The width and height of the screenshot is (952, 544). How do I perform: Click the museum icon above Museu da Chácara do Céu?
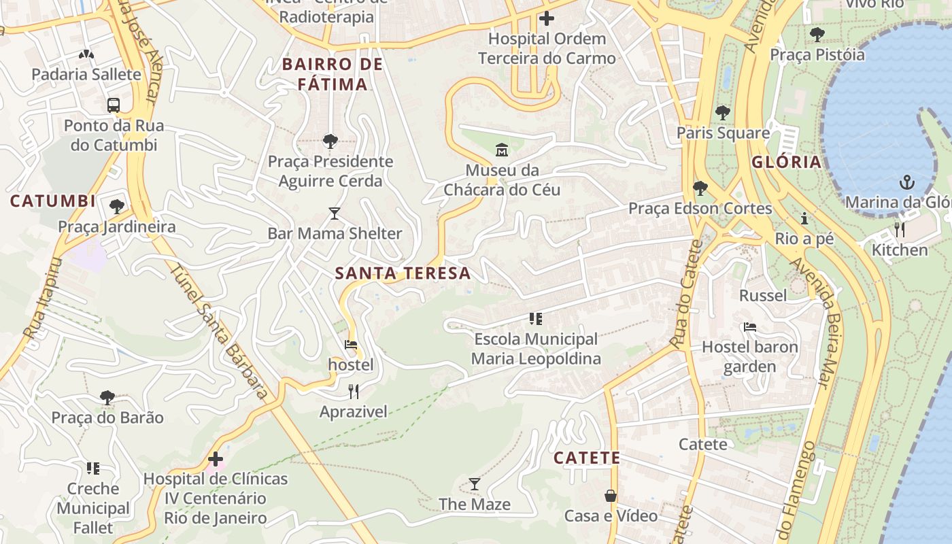click(502, 150)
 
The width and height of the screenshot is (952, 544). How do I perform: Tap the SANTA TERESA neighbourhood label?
click(403, 273)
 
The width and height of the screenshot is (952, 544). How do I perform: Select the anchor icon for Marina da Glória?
click(906, 182)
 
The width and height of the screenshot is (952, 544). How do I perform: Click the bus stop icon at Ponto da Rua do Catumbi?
click(114, 105)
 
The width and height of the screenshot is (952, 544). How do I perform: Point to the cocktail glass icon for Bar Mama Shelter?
click(334, 214)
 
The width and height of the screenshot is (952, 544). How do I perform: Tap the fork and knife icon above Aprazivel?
click(354, 391)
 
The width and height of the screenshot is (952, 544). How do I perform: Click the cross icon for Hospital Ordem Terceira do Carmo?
click(546, 18)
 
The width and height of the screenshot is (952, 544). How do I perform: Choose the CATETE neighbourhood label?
click(587, 458)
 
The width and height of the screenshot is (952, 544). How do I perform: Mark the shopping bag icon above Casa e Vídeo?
click(611, 496)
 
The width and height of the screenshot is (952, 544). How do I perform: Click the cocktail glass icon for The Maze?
click(475, 484)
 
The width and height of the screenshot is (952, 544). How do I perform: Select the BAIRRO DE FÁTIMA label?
click(333, 74)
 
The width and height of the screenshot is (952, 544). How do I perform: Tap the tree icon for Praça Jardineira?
click(116, 206)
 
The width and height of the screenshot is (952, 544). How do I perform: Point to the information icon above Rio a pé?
click(805, 218)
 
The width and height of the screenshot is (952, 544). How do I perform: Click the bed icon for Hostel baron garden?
click(750, 327)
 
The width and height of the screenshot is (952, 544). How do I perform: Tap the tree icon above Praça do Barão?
click(107, 397)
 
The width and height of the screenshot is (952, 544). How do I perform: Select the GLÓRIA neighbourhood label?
click(787, 163)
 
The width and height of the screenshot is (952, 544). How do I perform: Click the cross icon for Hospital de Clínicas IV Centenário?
click(216, 459)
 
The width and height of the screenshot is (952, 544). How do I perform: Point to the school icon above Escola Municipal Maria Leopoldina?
click(536, 318)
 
